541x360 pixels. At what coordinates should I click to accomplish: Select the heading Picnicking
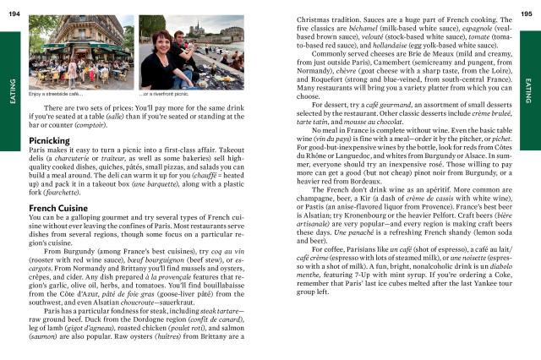pyautogui.click(x=48, y=139)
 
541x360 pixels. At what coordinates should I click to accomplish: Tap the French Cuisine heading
pyautogui.click(x=59, y=207)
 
